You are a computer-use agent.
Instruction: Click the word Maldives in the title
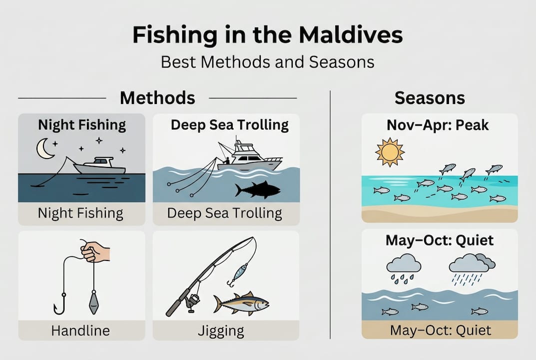(x=351, y=34)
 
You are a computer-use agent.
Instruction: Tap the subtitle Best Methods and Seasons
(x=268, y=62)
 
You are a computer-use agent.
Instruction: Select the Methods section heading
(x=157, y=98)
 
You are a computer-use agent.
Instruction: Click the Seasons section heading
(x=430, y=98)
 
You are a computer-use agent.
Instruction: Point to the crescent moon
(x=43, y=149)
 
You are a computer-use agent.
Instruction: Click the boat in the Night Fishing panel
(x=99, y=166)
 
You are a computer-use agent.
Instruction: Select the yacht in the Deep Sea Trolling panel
(x=250, y=154)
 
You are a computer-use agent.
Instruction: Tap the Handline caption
(x=80, y=330)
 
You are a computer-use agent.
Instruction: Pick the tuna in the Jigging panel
(x=241, y=303)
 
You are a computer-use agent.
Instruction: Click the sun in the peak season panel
(x=390, y=152)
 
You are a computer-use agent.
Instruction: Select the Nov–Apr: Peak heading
(x=438, y=125)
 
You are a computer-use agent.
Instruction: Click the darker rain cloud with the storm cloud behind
(x=472, y=263)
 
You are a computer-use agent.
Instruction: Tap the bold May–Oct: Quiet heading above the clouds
(x=440, y=240)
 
